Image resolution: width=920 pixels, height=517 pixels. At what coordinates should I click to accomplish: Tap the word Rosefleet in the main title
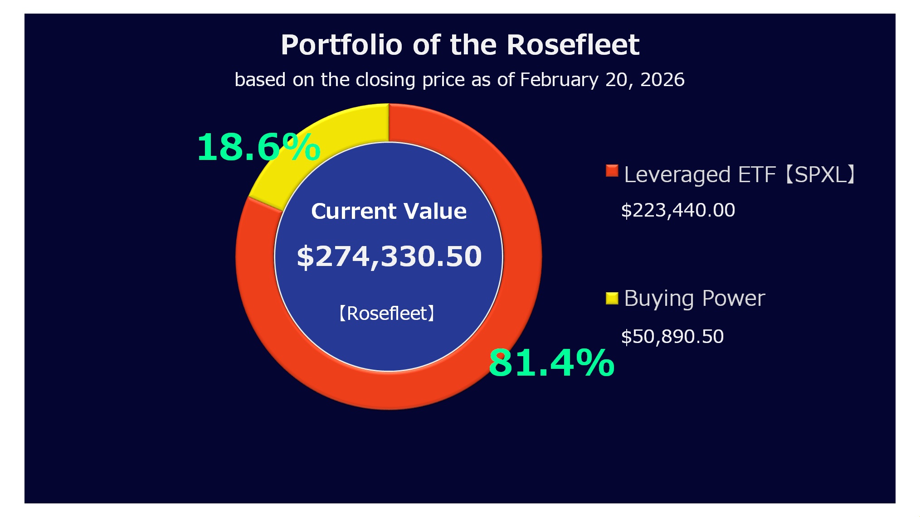click(573, 45)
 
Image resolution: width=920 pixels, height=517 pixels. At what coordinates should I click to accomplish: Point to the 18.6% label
click(258, 147)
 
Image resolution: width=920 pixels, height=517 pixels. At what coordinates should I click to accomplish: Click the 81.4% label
click(551, 362)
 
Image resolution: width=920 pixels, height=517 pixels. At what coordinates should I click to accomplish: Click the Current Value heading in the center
click(389, 211)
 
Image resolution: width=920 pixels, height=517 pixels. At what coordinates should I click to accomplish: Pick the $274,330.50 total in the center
click(389, 256)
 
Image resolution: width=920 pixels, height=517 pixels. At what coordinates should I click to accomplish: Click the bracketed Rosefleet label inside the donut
click(387, 314)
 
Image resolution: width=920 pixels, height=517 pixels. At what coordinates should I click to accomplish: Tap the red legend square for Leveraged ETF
click(612, 171)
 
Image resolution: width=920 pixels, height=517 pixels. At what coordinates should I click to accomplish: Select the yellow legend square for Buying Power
click(612, 298)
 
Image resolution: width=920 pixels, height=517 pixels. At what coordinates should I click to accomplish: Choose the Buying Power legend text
click(694, 299)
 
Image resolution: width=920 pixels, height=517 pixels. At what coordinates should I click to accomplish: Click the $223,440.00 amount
click(678, 210)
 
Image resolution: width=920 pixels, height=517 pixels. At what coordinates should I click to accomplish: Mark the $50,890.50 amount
click(672, 337)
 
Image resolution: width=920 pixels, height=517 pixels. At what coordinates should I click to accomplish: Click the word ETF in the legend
click(757, 175)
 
